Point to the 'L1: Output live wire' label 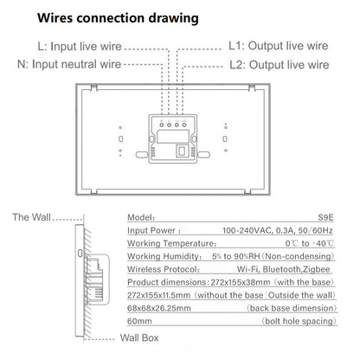click(x=276, y=47)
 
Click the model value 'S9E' click(x=328, y=220)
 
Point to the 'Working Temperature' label click(x=172, y=245)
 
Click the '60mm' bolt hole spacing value click(x=141, y=320)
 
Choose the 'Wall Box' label click(x=138, y=338)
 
